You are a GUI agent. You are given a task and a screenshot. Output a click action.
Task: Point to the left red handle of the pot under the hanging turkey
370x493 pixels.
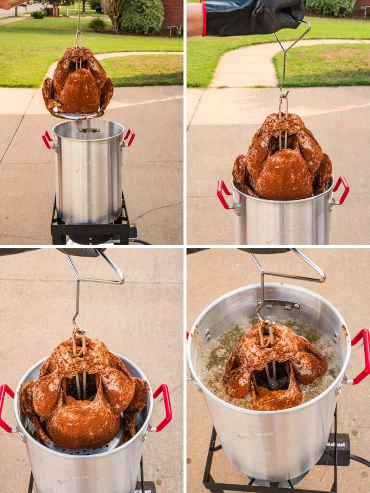click(x=47, y=139)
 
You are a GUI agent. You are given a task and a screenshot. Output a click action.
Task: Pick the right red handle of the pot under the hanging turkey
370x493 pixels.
click(x=129, y=137)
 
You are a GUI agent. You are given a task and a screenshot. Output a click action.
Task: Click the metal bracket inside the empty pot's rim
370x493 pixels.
click(x=89, y=130)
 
